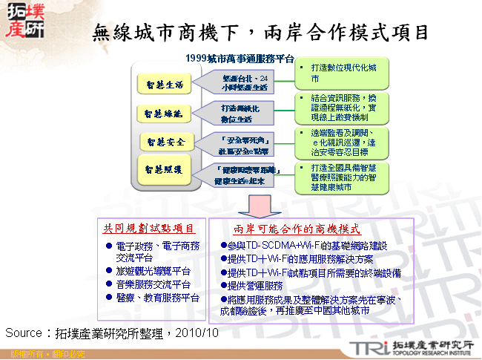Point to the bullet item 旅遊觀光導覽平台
153,272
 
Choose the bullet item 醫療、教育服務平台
157,298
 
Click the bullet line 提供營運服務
256,287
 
